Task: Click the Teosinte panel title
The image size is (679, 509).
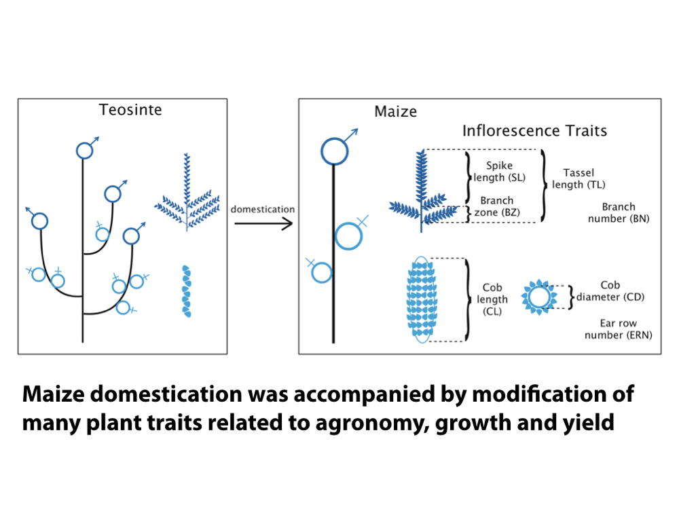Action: (x=130, y=109)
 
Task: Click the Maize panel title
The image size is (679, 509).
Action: (x=395, y=111)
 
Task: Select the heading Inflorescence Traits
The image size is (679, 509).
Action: (x=534, y=130)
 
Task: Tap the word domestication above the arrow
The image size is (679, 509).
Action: (x=263, y=209)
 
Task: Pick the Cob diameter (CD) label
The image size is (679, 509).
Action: (x=610, y=291)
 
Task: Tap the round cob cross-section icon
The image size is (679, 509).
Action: (x=537, y=297)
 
